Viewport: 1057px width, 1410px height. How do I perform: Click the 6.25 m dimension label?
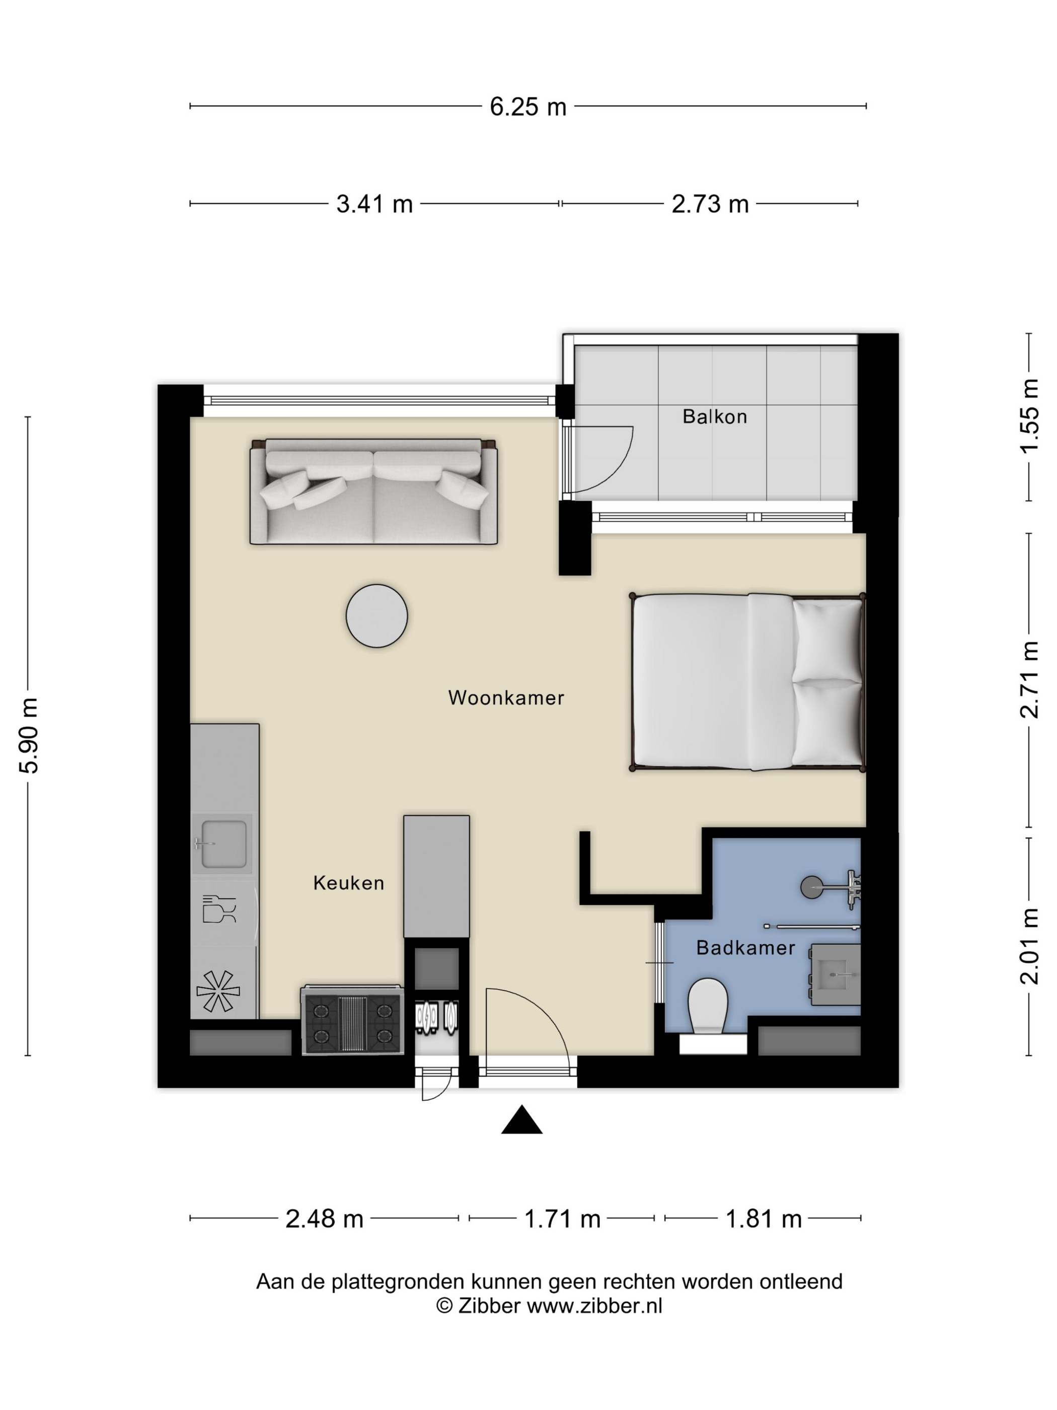point(527,106)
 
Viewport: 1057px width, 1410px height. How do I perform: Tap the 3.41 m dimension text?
point(374,204)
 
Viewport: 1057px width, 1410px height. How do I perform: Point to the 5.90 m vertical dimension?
point(29,735)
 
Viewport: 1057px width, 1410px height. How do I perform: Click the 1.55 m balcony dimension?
point(1030,415)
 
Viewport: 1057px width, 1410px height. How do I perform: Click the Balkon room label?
point(714,416)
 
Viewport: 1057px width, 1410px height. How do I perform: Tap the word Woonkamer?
point(506,697)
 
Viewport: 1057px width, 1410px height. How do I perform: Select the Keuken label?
point(348,883)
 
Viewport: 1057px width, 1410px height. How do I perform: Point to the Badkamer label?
point(745,948)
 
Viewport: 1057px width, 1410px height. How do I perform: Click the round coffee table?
point(376,616)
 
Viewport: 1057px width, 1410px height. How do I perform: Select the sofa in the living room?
point(373,491)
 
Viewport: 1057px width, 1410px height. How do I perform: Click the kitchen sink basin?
point(223,844)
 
